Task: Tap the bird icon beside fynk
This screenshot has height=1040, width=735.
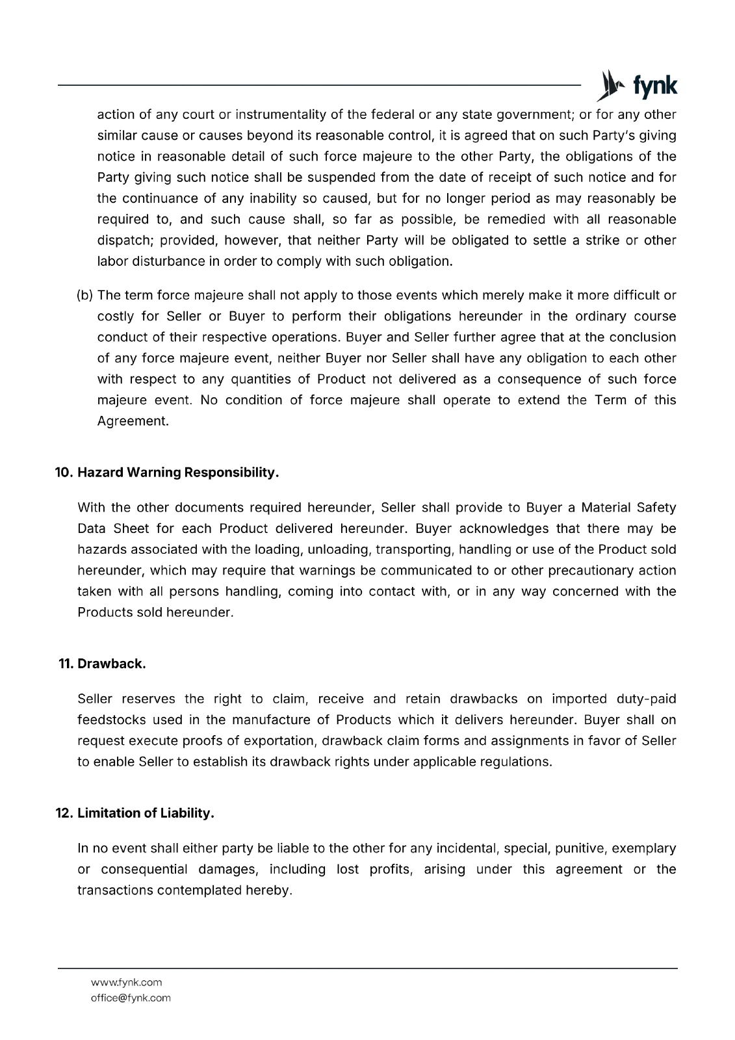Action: [x=610, y=85]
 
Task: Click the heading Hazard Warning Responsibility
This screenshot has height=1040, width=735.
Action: [x=178, y=473]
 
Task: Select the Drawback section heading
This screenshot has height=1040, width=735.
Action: [x=111, y=664]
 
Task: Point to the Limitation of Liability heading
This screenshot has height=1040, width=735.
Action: [x=146, y=814]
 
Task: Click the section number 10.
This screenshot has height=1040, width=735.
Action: [x=64, y=473]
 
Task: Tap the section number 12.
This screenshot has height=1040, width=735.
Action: [x=64, y=814]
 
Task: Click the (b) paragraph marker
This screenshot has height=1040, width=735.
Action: [x=85, y=296]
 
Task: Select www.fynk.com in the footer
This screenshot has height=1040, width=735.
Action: [x=126, y=982]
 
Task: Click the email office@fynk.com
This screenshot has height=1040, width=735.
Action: [x=131, y=998]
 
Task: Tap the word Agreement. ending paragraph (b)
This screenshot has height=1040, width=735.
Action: [x=133, y=421]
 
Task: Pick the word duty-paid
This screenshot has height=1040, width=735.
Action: [x=646, y=699]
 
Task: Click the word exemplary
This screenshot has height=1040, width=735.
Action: [x=644, y=849]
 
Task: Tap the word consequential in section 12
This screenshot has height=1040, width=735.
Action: [x=144, y=870]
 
